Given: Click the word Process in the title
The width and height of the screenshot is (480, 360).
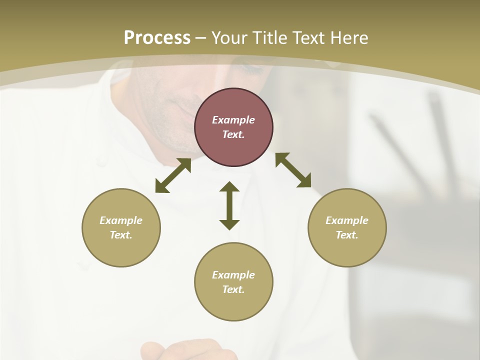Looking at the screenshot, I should pyautogui.click(x=157, y=38).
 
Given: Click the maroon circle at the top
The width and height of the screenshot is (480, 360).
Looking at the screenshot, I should pyautogui.click(x=233, y=127).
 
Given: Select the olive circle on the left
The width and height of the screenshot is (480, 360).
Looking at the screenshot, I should pyautogui.click(x=121, y=227).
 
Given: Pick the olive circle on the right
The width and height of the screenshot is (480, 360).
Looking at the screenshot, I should pyautogui.click(x=347, y=227).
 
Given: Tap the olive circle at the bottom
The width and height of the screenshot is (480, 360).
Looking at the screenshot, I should pyautogui.click(x=233, y=281).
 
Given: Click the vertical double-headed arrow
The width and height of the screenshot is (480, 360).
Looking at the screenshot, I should pyautogui.click(x=229, y=206).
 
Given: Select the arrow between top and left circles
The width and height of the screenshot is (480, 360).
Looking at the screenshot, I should pyautogui.click(x=173, y=175).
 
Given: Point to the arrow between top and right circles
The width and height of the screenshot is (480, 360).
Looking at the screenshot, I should pyautogui.click(x=293, y=170).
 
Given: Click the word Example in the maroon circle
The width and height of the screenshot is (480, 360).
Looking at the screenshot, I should pyautogui.click(x=233, y=120).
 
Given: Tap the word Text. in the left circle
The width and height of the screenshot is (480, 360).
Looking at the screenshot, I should pyautogui.click(x=121, y=235).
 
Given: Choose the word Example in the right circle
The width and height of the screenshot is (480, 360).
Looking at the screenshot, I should pyautogui.click(x=347, y=220).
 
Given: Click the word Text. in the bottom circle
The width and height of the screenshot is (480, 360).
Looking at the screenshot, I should pyautogui.click(x=233, y=289).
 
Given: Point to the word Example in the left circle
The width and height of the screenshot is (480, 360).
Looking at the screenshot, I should pyautogui.click(x=121, y=220).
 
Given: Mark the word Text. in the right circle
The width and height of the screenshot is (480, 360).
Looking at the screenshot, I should pyautogui.click(x=347, y=235).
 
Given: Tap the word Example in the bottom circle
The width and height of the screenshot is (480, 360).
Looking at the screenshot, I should pyautogui.click(x=233, y=275).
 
